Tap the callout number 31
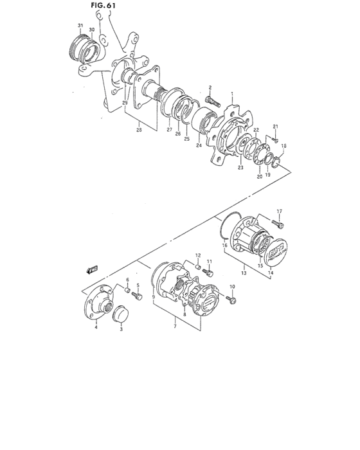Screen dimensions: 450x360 pyautogui.click(x=80, y=26)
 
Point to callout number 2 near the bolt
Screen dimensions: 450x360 pyautogui.click(x=210, y=87)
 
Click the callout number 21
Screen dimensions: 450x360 pyautogui.click(x=274, y=126)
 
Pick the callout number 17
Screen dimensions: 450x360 pyautogui.click(x=280, y=212)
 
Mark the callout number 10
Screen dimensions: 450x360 pyautogui.click(x=233, y=286)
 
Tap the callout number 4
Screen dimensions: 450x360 pyautogui.click(x=96, y=327)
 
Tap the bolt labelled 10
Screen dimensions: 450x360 pyautogui.click(x=230, y=299)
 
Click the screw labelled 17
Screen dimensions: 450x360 pyautogui.click(x=277, y=223)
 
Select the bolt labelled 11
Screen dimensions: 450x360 pyautogui.click(x=207, y=271)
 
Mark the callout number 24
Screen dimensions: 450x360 pyautogui.click(x=199, y=145)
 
